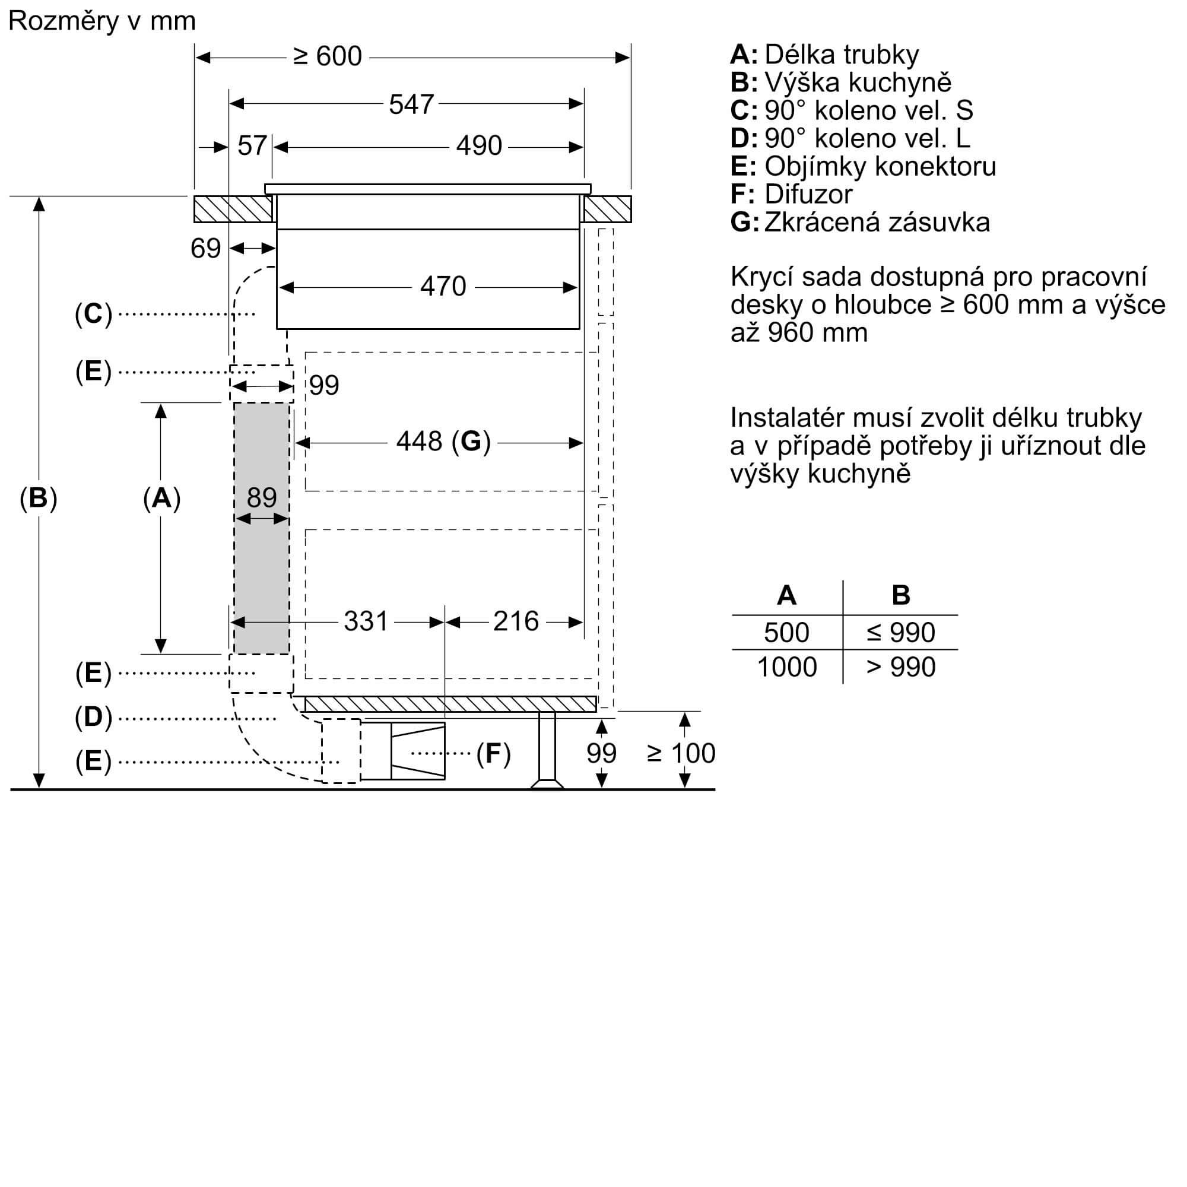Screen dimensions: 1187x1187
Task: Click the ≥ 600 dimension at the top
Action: click(328, 56)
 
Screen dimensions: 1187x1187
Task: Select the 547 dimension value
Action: click(411, 104)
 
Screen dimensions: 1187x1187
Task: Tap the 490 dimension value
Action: click(478, 146)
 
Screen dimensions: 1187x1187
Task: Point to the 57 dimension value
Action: click(252, 146)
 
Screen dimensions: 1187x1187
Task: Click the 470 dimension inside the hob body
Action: click(443, 286)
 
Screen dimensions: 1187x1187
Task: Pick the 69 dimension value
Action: click(205, 248)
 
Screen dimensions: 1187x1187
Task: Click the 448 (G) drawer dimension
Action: click(443, 441)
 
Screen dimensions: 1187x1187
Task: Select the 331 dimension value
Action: click(366, 621)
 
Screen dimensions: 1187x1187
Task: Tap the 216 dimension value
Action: click(516, 621)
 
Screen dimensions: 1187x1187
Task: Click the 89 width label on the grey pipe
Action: click(262, 498)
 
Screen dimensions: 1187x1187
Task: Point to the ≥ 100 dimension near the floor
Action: click(681, 753)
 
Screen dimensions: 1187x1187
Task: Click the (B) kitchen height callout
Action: click(38, 498)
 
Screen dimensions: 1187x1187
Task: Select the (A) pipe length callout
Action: click(161, 498)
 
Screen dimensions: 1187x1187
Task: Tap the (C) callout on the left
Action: click(93, 314)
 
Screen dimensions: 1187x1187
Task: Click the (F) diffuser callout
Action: click(493, 753)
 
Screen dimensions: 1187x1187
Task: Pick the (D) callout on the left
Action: click(93, 717)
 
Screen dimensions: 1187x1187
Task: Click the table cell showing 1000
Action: click(787, 667)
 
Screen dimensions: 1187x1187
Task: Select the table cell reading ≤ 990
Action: click(901, 632)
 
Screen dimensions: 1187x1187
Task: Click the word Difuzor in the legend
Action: click(808, 194)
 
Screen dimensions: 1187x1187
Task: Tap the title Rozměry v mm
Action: click(102, 21)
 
